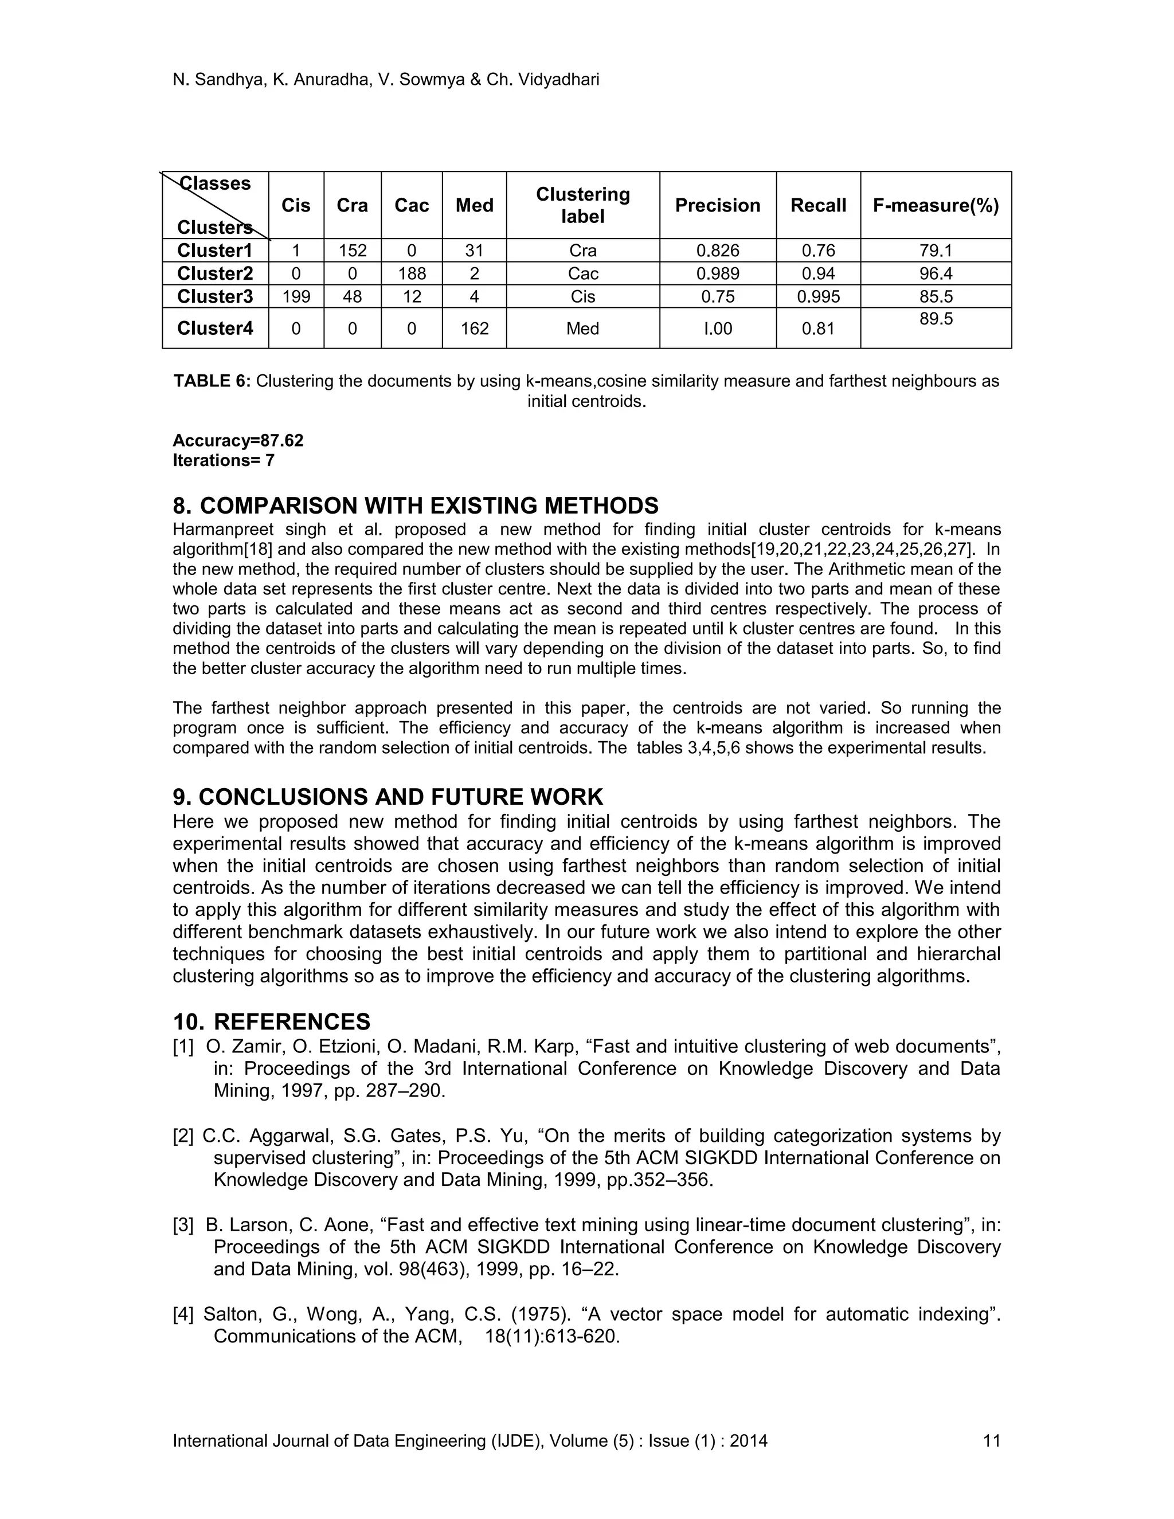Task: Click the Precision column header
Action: [x=717, y=205]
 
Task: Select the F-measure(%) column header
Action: [x=936, y=205]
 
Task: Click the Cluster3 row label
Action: [x=215, y=296]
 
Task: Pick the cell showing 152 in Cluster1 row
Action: [x=352, y=250]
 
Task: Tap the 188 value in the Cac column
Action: [x=411, y=273]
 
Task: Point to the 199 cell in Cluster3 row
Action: [x=296, y=296]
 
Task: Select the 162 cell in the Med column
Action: [x=474, y=328]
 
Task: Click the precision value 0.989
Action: [x=717, y=273]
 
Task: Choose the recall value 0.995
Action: [x=818, y=296]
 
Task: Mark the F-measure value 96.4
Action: [x=936, y=273]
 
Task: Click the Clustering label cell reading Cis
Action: [x=582, y=296]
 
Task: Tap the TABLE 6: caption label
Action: [x=212, y=381]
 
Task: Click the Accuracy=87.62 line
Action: [x=238, y=441]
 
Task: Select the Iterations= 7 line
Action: [x=223, y=460]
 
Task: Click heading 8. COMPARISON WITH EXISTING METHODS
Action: [x=415, y=505]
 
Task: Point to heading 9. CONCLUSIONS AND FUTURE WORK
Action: [x=388, y=796]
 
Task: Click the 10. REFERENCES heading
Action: [x=271, y=1021]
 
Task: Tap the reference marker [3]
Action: [x=183, y=1225]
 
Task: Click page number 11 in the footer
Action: [x=991, y=1440]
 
